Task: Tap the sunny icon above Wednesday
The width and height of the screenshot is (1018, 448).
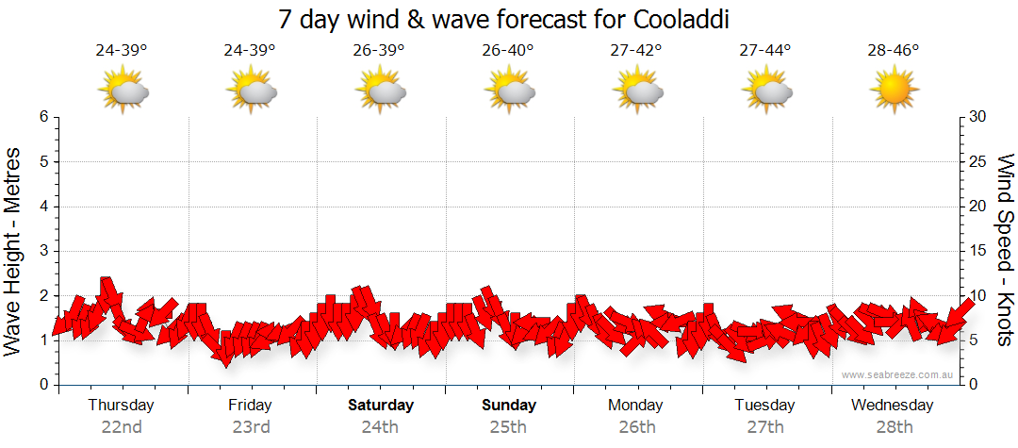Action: pos(894,91)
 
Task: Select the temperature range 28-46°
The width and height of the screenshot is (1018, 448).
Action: pos(894,51)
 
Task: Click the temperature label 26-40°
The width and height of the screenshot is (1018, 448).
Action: pos(507,51)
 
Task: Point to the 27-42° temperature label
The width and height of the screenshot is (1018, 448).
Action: pos(636,51)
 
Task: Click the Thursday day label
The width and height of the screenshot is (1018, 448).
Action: pos(121,406)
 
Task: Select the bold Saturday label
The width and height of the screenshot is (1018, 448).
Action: pos(380,406)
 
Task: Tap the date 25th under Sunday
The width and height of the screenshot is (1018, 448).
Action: pos(508,426)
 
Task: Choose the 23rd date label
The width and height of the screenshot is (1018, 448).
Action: pos(250,426)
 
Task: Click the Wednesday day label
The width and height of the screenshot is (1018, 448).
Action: pos(892,406)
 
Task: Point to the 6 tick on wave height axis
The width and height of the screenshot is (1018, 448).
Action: pos(42,117)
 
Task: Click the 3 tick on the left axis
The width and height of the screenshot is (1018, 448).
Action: pos(42,251)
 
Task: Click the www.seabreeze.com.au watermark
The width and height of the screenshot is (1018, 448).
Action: pos(898,374)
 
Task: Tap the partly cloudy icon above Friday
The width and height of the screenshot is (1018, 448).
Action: pos(251,91)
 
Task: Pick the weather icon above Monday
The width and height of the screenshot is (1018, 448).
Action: pos(637,91)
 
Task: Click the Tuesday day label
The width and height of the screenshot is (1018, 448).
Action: pos(764,406)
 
